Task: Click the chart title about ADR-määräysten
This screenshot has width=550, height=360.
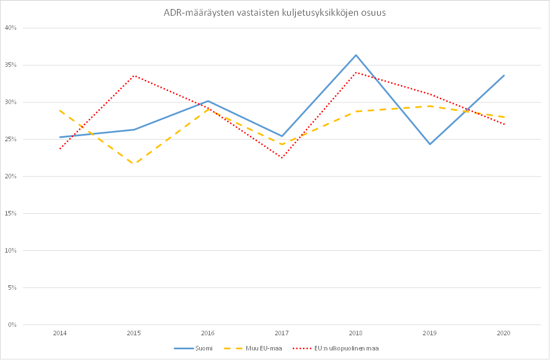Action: (274, 13)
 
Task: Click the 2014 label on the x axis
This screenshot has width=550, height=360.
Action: (60, 333)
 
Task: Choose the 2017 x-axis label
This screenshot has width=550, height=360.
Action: (282, 333)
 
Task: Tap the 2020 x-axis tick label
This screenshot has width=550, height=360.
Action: (504, 333)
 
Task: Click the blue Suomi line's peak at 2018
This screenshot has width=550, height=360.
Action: (356, 55)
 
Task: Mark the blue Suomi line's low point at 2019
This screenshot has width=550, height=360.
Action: (430, 144)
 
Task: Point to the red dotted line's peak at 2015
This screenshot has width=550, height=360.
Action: (134, 75)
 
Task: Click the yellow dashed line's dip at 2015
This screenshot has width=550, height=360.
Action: (134, 164)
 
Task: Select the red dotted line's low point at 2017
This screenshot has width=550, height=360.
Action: (282, 158)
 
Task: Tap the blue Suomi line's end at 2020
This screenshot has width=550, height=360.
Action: (504, 75)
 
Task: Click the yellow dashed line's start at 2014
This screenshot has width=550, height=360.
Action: (60, 110)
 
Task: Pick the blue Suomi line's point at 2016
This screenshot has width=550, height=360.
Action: (208, 101)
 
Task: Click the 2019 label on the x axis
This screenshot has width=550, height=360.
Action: (430, 333)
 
